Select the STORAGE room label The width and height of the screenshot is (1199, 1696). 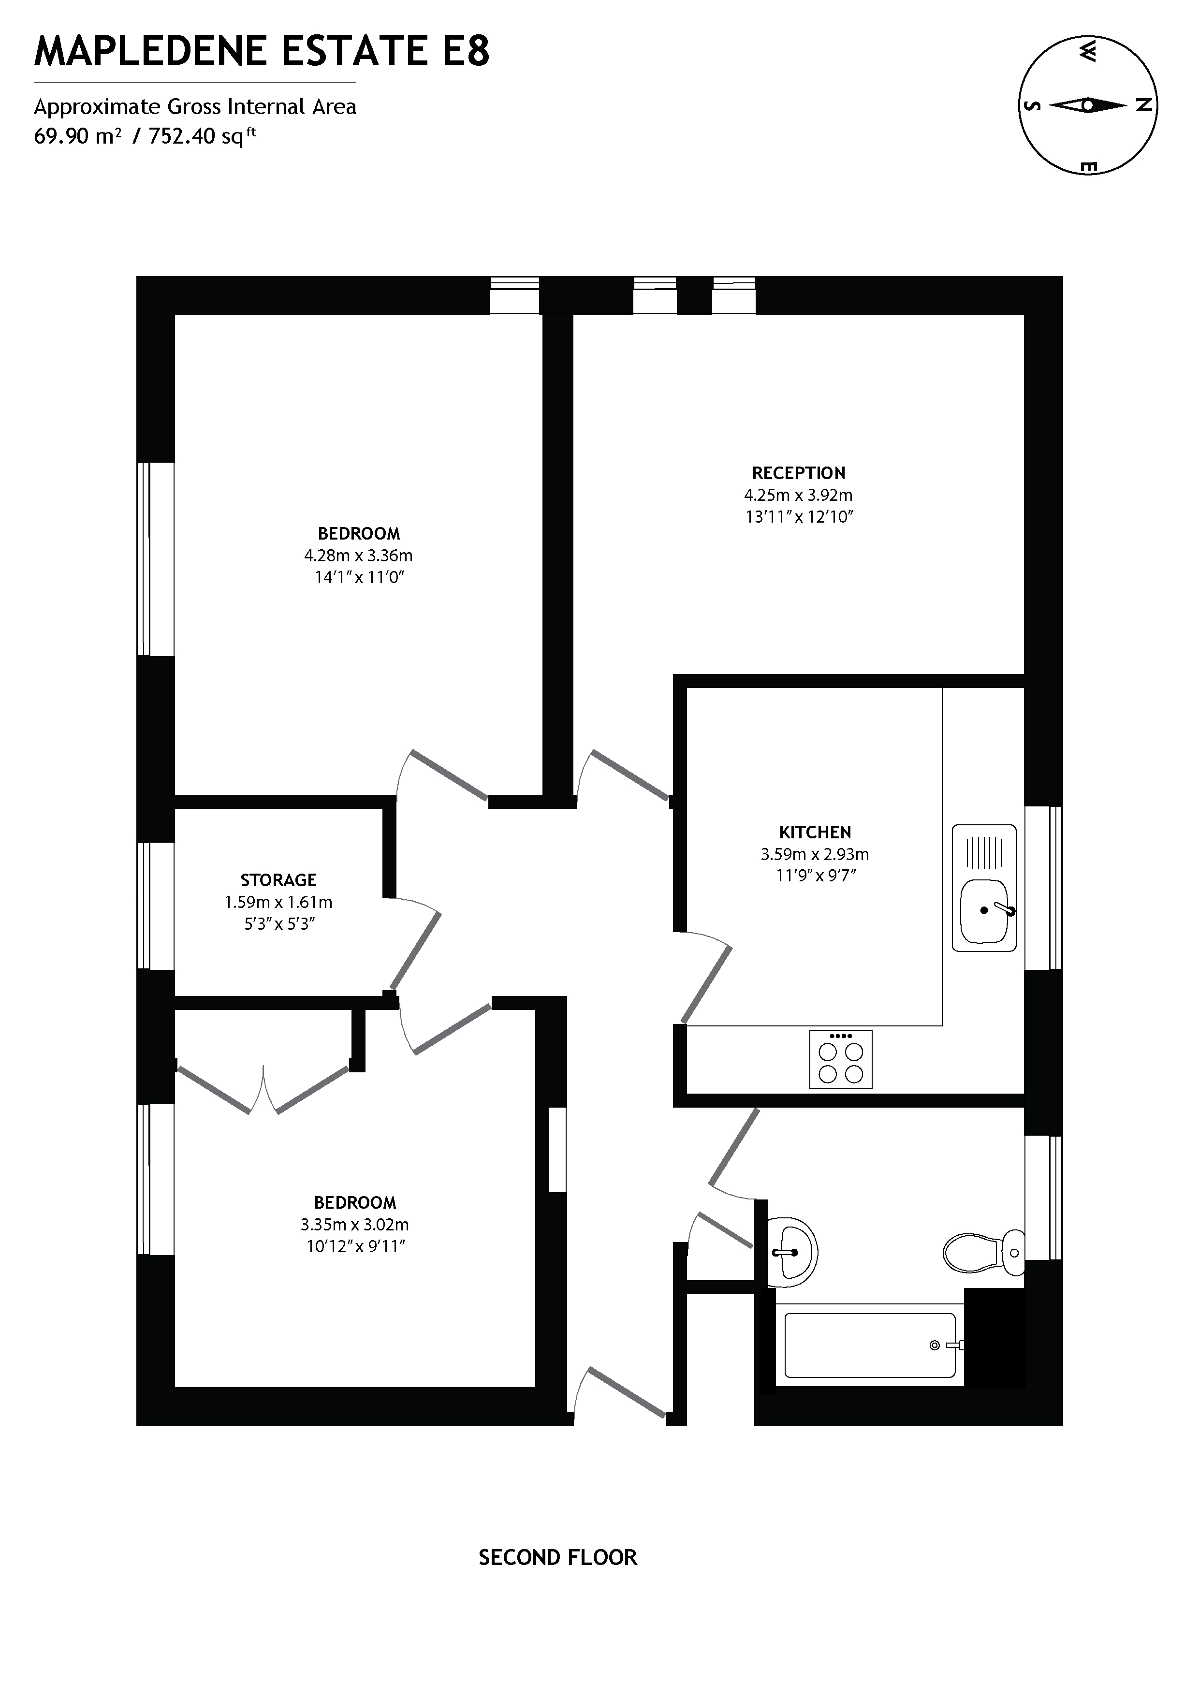point(278,880)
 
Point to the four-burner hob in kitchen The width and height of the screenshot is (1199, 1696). point(841,1060)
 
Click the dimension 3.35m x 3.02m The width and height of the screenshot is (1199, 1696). point(354,1224)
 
